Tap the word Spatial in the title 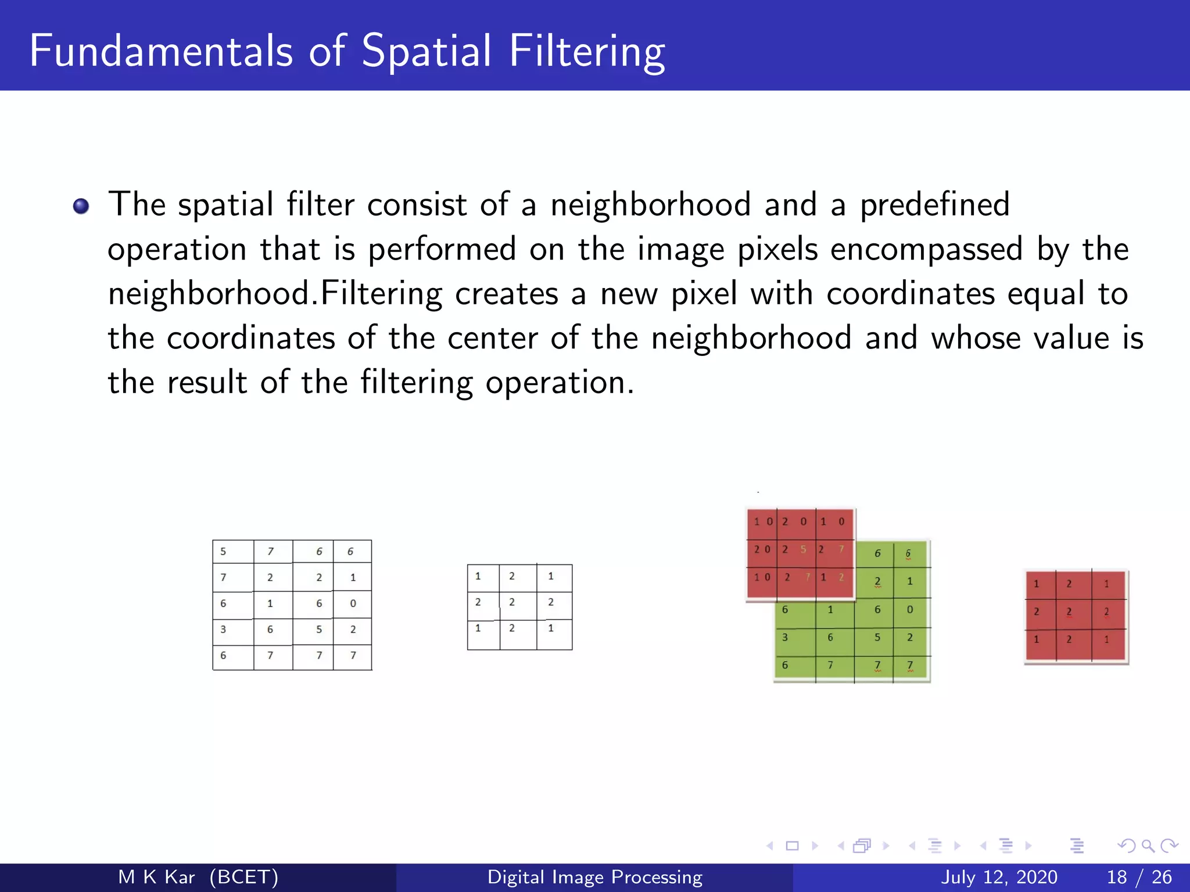point(427,51)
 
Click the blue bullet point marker point(81,206)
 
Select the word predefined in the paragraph point(934,205)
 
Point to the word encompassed point(926,249)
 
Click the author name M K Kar point(156,877)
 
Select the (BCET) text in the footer point(244,877)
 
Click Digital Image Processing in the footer point(595,877)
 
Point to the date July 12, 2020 point(999,877)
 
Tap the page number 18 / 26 point(1139,877)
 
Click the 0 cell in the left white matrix point(353,604)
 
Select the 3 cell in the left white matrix point(224,630)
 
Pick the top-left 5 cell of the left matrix point(224,552)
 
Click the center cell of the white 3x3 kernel point(512,602)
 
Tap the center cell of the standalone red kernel point(1069,612)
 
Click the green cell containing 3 point(785,638)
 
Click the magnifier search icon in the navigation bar point(1148,846)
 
